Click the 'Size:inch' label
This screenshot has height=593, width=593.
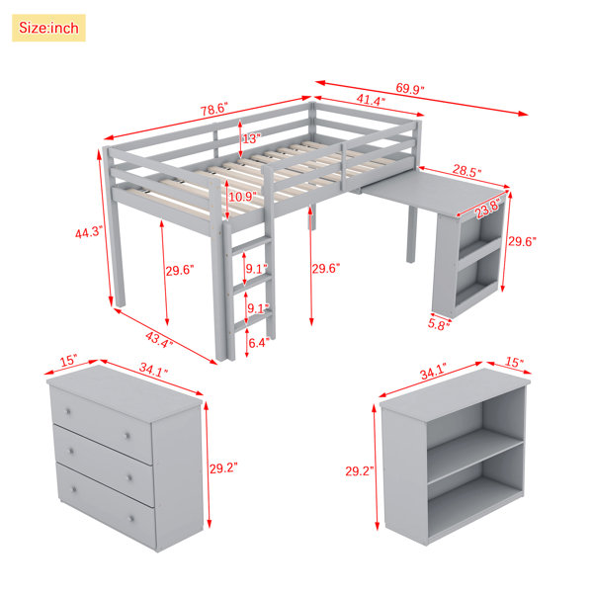click(48, 28)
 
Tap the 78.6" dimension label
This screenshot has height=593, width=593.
click(214, 109)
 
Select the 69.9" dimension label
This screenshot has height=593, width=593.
click(410, 89)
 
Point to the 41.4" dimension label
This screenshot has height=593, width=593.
click(371, 100)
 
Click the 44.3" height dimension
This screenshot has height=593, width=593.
click(89, 232)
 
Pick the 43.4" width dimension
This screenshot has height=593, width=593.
click(159, 339)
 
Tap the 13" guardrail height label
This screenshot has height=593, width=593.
click(251, 138)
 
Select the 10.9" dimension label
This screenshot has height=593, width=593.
click(242, 197)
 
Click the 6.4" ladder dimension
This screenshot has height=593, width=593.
click(259, 343)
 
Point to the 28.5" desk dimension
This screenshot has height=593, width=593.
click(467, 171)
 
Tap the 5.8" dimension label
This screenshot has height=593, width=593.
click(439, 324)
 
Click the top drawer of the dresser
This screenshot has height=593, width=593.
click(102, 424)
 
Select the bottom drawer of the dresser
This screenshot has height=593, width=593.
click(107, 504)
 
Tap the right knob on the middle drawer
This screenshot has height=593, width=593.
click(129, 478)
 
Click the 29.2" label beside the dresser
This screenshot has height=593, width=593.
click(223, 468)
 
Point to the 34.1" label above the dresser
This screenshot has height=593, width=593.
click(153, 370)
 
